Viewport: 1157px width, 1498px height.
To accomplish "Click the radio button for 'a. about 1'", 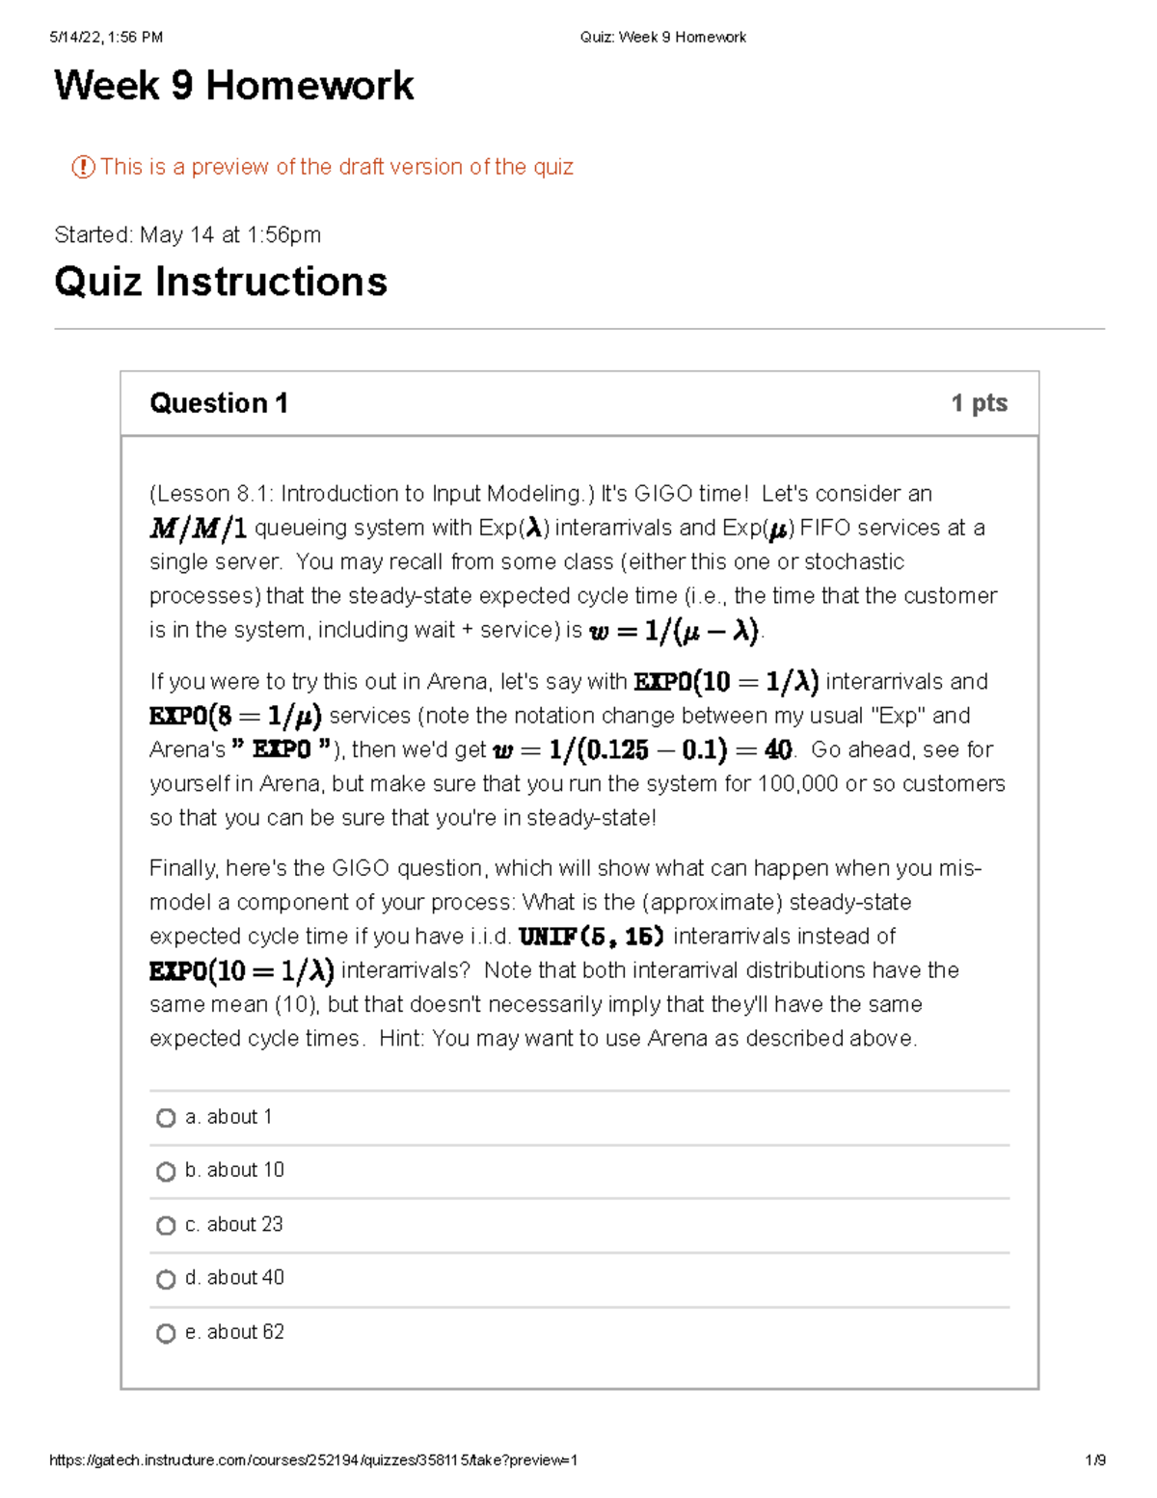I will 166,1118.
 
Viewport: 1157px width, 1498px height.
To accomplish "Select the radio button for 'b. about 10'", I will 166,1172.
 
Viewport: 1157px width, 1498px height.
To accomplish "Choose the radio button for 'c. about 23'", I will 166,1225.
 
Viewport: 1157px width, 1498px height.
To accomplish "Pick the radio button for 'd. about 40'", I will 166,1279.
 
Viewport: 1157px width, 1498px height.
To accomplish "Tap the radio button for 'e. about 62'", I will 166,1333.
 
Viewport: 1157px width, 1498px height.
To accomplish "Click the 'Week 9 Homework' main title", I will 233,86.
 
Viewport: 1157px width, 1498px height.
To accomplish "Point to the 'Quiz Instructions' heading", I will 221,282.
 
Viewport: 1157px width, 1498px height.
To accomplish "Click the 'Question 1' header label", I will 219,403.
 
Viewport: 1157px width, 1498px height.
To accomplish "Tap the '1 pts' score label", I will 979,403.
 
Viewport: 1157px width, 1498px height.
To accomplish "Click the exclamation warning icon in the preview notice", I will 83,167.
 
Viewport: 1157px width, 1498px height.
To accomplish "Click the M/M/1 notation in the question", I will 198,529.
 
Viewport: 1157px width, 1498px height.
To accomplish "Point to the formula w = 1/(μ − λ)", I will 674,632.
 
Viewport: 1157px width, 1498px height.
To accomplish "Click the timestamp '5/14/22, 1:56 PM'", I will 106,38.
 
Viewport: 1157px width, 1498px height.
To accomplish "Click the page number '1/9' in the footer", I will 1094,1460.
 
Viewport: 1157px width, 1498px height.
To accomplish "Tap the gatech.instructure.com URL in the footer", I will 313,1460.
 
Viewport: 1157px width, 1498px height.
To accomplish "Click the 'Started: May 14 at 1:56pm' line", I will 187,235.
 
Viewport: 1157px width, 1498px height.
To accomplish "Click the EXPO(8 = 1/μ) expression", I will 235,716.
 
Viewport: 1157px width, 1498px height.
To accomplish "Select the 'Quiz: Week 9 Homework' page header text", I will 662,38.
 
